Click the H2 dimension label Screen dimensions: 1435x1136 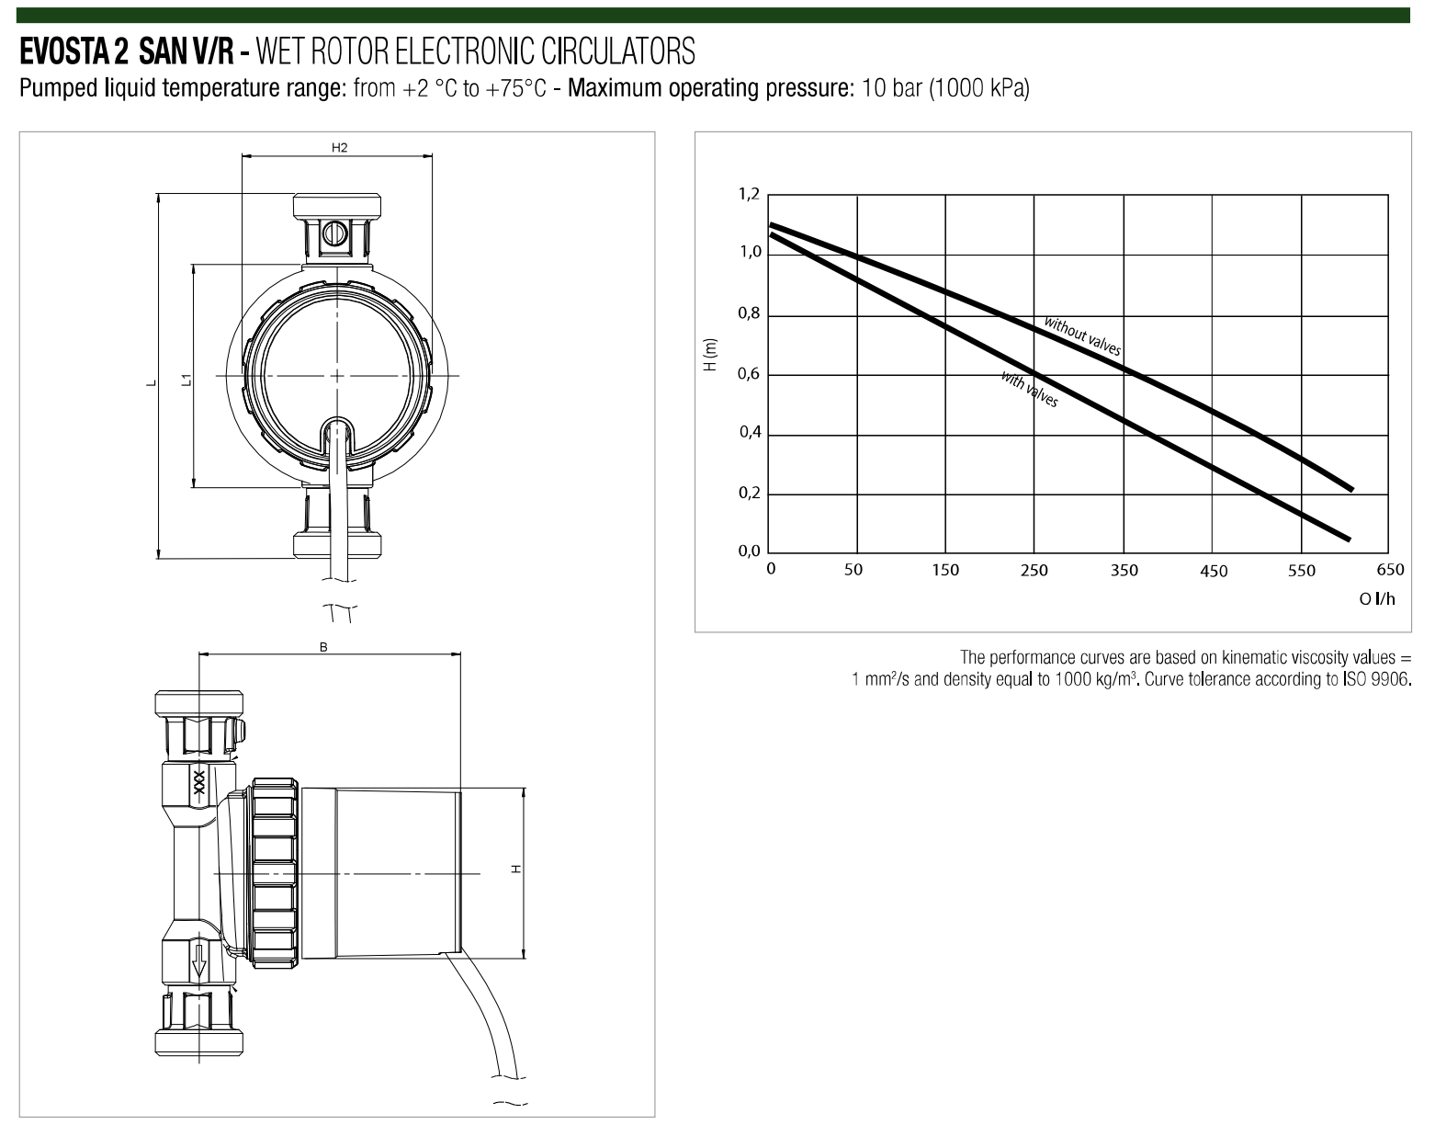[339, 147]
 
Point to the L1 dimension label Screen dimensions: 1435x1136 [186, 380]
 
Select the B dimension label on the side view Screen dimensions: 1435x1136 [323, 647]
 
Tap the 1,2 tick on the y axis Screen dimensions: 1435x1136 [749, 194]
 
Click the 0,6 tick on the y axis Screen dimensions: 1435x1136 [748, 373]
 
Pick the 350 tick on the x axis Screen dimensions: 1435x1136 [1124, 571]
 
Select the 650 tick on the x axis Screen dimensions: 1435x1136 [1390, 570]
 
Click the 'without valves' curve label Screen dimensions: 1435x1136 [1082, 336]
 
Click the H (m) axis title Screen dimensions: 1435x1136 [710, 354]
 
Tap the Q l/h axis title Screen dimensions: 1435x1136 [1377, 599]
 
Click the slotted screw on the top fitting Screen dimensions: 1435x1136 [332, 233]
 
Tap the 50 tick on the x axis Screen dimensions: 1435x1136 [853, 571]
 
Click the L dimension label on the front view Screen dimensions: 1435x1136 [152, 383]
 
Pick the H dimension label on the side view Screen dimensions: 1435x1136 [516, 869]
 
